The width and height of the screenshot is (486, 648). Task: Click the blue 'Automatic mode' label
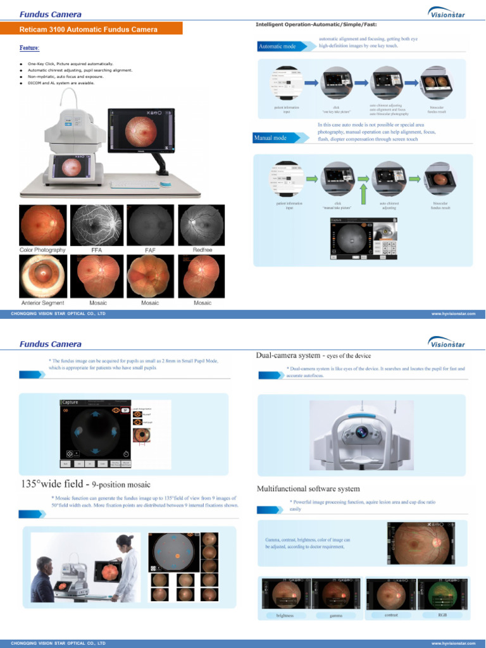(277, 46)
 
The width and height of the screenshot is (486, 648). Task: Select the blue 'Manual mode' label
(270, 137)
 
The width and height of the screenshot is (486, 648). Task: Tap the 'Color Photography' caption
(42, 251)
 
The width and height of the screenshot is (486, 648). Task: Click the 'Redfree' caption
(202, 251)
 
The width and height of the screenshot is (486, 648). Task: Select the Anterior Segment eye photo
(42, 275)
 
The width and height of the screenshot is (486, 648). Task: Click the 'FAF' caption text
(150, 251)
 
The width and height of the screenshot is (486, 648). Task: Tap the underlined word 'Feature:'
(29, 48)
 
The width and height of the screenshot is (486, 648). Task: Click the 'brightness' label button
(285, 615)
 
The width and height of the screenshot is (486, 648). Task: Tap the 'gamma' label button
(336, 615)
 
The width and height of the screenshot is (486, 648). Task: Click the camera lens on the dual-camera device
(362, 432)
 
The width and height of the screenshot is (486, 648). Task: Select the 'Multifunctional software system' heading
(308, 489)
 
